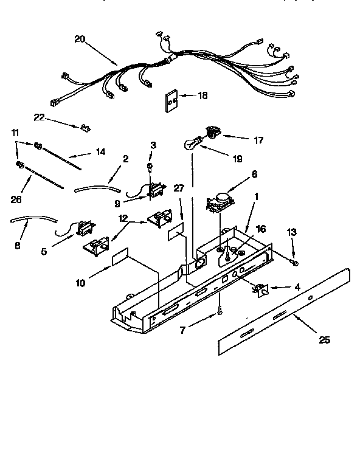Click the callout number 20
coord(80,40)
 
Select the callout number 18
coord(202,95)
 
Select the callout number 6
coord(254,174)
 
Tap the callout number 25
coord(324,340)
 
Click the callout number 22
coord(39,117)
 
